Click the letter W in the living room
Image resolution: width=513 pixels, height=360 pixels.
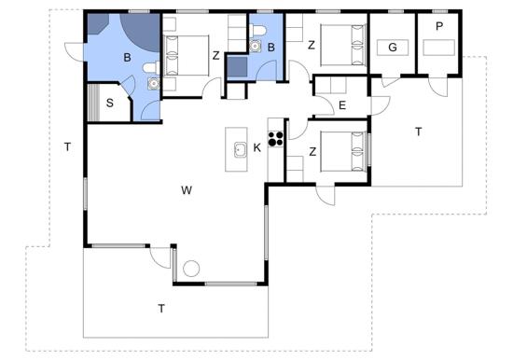pyautogui.click(x=187, y=190)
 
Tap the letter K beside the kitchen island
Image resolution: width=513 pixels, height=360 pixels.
pyautogui.click(x=257, y=148)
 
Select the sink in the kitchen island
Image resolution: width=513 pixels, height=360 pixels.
pyautogui.click(x=241, y=150)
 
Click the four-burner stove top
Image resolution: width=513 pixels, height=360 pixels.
pyautogui.click(x=276, y=138)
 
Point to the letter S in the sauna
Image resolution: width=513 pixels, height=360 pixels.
pyautogui.click(x=110, y=104)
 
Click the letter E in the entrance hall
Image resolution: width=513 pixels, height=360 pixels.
pyautogui.click(x=342, y=105)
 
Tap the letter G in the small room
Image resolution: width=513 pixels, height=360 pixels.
pyautogui.click(x=393, y=48)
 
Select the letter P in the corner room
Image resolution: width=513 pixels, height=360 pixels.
pyautogui.click(x=439, y=26)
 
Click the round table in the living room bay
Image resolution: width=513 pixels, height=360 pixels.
pyautogui.click(x=191, y=269)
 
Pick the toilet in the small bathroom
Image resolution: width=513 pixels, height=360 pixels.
pyautogui.click(x=259, y=31)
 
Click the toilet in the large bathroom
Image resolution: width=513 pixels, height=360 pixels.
pyautogui.click(x=151, y=68)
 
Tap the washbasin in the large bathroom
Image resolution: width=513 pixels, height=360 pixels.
pyautogui.click(x=154, y=83)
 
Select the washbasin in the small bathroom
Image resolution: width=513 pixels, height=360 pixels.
pyautogui.click(x=256, y=46)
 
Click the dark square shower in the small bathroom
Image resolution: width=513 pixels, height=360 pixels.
pyautogui.click(x=237, y=67)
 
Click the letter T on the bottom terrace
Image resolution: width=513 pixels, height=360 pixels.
pyautogui.click(x=161, y=309)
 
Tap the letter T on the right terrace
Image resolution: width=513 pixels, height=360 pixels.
pyautogui.click(x=418, y=132)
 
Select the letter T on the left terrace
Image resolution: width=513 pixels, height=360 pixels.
pyautogui.click(x=67, y=147)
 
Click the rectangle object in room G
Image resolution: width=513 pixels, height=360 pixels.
pyautogui.click(x=393, y=48)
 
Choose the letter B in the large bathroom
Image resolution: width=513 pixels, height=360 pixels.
pyautogui.click(x=127, y=58)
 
